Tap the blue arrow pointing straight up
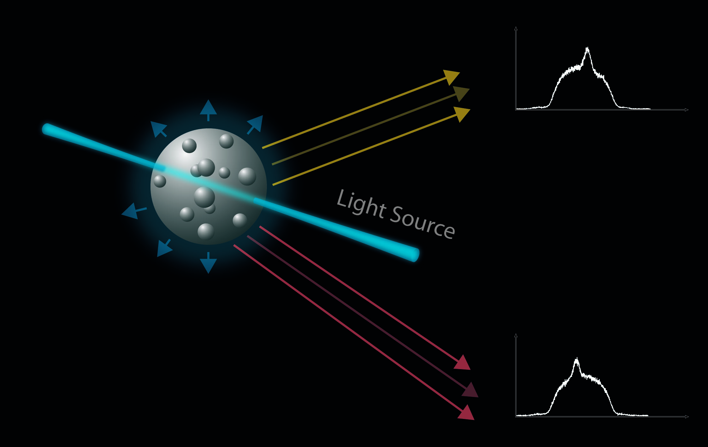[x=208, y=110]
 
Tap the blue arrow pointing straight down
[x=208, y=263]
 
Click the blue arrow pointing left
[x=134, y=211]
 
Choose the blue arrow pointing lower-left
[x=164, y=248]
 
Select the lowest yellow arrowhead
[x=462, y=114]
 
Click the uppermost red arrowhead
[x=463, y=363]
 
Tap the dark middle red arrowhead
[x=470, y=390]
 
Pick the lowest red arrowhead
[x=466, y=413]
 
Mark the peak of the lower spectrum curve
[x=577, y=358]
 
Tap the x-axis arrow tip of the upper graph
[x=688, y=110]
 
